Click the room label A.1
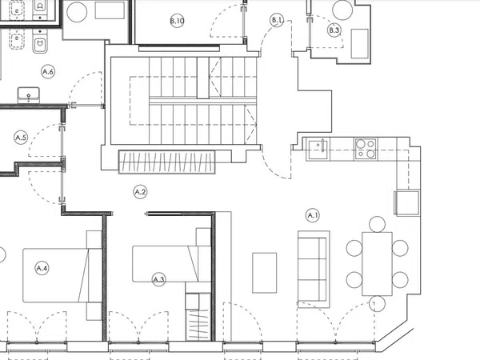(313, 215)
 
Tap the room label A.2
(141, 192)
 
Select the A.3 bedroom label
(159, 279)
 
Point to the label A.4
(42, 269)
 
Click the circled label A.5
(21, 138)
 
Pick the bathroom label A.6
(48, 72)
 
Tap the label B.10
(178, 21)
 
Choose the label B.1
(277, 20)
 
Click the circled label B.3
(334, 30)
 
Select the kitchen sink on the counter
(318, 149)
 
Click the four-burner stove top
(366, 149)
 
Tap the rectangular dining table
(377, 264)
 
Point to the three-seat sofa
(314, 269)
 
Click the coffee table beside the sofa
(265, 273)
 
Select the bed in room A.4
(62, 275)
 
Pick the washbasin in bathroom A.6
(29, 95)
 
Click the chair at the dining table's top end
(377, 224)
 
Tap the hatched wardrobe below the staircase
(167, 162)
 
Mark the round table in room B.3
(342, 10)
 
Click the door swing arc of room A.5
(40, 132)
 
